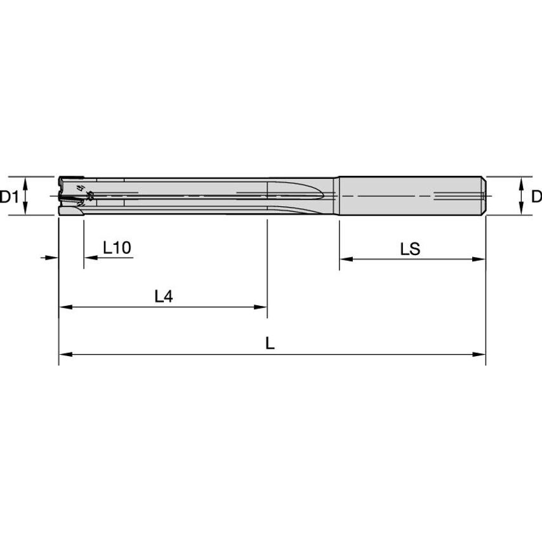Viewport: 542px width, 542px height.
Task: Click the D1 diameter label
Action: [9, 197]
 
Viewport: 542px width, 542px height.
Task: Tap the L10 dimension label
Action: [117, 248]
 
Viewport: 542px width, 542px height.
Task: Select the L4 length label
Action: [164, 296]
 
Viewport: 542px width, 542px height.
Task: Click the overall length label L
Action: [270, 343]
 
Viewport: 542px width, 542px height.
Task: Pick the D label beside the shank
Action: [536, 197]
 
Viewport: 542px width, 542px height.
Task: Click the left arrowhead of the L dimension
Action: [63, 354]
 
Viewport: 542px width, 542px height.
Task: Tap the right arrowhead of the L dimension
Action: [480, 354]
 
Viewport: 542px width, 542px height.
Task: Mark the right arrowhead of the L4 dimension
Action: [261, 307]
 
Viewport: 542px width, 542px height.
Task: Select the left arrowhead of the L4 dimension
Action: [63, 307]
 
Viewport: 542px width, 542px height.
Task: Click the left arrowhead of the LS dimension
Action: [344, 259]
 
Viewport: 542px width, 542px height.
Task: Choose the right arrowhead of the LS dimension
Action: [480, 259]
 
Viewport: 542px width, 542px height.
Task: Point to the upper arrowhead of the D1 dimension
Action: [25, 182]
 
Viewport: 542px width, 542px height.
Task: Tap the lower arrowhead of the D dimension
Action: [521, 211]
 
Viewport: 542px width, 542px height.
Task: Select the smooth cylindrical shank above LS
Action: [409, 196]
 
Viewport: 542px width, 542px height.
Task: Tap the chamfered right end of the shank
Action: [485, 196]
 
